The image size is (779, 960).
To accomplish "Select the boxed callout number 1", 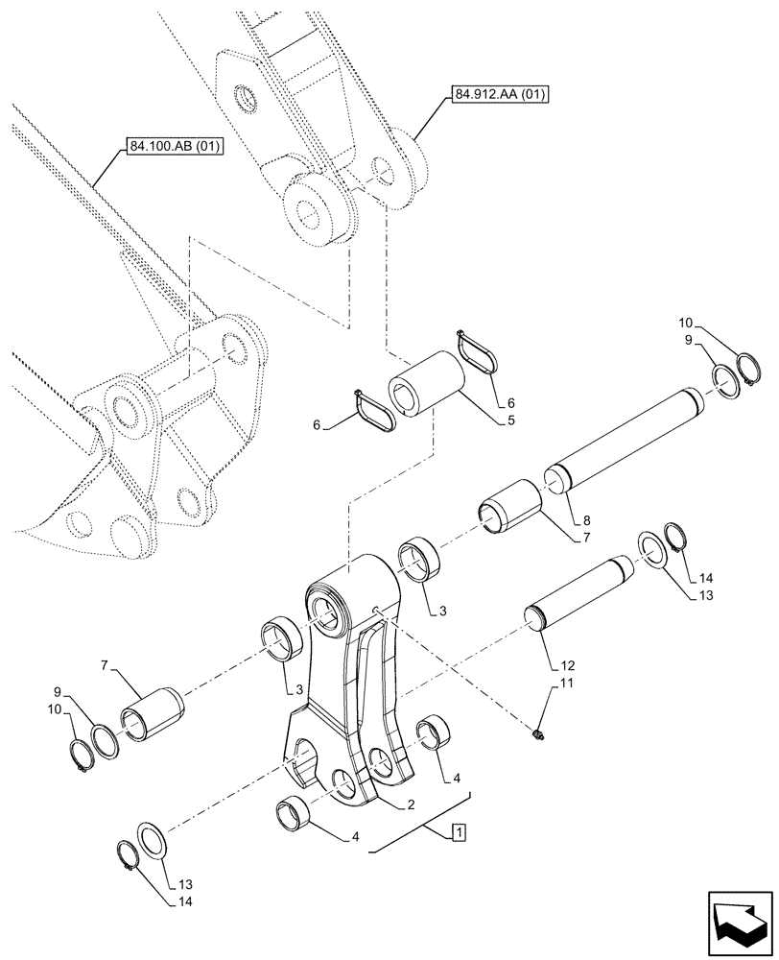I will (x=459, y=831).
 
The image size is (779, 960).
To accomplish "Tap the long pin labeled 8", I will (x=624, y=432).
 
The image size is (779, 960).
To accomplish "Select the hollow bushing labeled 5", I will (x=425, y=385).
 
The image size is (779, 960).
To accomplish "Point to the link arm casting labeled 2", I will (x=350, y=672).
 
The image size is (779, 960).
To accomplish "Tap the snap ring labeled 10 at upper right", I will (x=749, y=370).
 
